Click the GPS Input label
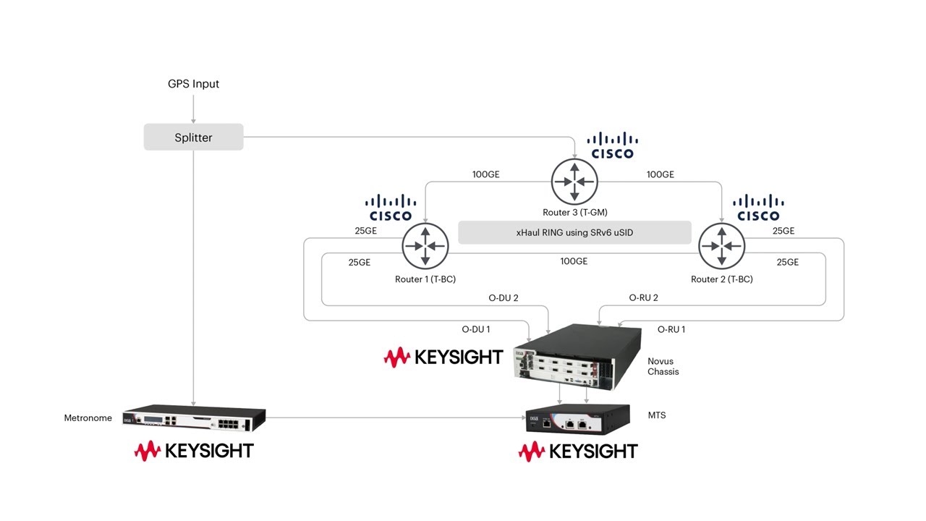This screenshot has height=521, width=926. point(193,84)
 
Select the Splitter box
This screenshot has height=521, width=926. point(193,137)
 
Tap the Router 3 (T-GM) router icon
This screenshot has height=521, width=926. point(574,181)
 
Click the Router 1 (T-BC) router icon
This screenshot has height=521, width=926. point(425,246)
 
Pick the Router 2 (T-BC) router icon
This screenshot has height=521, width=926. point(721,246)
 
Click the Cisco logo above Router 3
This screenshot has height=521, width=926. point(612,145)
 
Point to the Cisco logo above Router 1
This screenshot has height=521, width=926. point(391,208)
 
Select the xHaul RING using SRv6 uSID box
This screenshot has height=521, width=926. point(574,232)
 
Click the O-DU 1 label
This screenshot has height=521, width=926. point(476,329)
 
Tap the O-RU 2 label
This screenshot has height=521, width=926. point(643,297)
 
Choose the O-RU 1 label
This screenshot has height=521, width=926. point(671,329)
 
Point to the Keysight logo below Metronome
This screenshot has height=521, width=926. point(194,451)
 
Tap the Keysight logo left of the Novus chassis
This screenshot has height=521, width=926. point(443,357)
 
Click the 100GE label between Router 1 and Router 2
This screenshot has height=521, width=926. point(574,261)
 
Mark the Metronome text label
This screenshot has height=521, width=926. point(88,418)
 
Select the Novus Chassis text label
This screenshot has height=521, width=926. point(663,366)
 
